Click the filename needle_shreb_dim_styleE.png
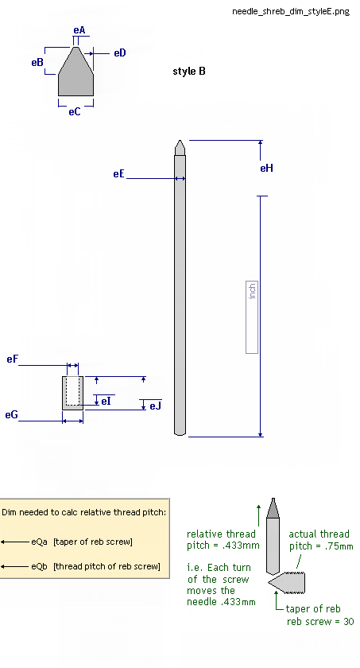pyautogui.click(x=291, y=11)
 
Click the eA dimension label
pyautogui.click(x=79, y=30)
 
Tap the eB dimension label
pyautogui.click(x=37, y=62)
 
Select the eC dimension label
pyautogui.click(x=75, y=111)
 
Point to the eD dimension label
pyautogui.click(x=120, y=52)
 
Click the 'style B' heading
pyautogui.click(x=189, y=71)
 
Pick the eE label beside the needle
pyautogui.click(x=118, y=174)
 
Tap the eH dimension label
pyautogui.click(x=267, y=169)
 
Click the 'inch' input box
pyautogui.click(x=252, y=317)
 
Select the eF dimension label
pyautogui.click(x=13, y=359)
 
